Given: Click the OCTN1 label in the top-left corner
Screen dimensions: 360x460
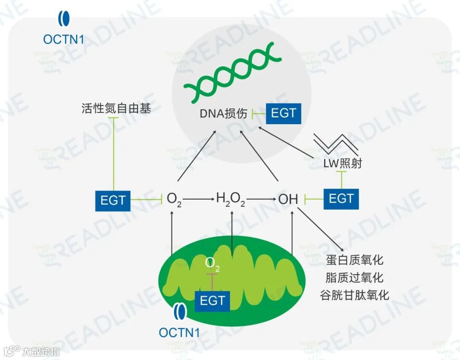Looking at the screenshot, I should click(x=63, y=39).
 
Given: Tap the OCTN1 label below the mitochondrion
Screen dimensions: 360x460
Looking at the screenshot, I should click(x=179, y=332).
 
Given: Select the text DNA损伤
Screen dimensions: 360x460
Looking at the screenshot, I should click(x=223, y=114).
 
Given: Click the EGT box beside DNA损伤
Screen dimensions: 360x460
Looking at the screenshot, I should click(x=283, y=113).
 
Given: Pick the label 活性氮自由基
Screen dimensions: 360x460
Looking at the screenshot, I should click(x=116, y=109).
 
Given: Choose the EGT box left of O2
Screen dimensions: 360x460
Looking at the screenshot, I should click(x=113, y=200).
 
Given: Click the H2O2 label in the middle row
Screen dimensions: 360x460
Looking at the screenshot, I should click(x=230, y=199).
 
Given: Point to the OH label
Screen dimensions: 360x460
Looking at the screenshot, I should click(x=288, y=199).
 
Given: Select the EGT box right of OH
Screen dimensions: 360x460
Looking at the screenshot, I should click(x=341, y=199).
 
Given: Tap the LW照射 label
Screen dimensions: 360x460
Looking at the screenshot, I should click(x=342, y=163).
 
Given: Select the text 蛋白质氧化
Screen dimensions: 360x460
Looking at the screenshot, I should click(x=355, y=260).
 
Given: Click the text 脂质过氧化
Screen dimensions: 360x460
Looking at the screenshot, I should click(x=355, y=277).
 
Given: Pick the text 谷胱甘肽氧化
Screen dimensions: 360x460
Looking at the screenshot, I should click(x=355, y=295).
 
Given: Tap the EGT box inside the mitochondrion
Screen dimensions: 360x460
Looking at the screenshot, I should click(x=212, y=300).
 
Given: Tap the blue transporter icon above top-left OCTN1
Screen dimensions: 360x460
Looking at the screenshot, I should click(x=64, y=20).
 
